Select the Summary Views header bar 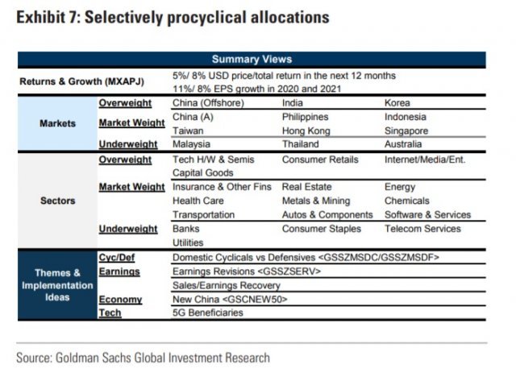pos(252,59)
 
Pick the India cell pos(293,103)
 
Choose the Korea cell pos(397,103)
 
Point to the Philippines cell pos(306,117)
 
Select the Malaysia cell pos(191,144)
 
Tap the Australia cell pos(403,144)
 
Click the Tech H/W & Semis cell pos(213,160)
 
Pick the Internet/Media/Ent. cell pos(425,160)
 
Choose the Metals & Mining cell pos(315,201)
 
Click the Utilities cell pos(187,242)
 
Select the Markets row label pos(57,123)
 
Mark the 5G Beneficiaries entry pos(207,313)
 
